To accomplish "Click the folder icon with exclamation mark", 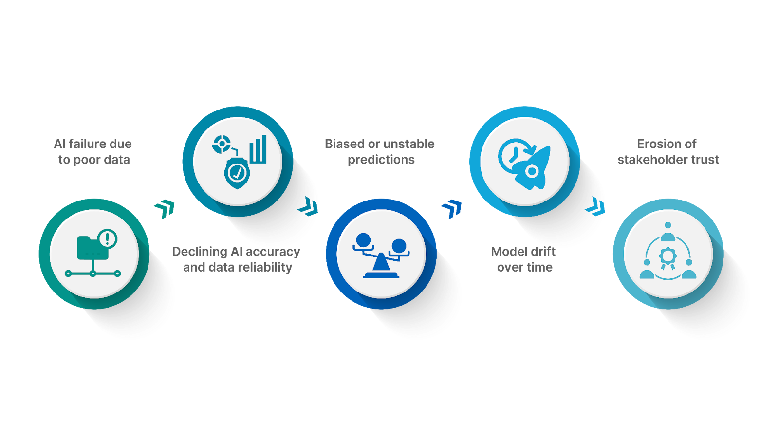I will [93, 248].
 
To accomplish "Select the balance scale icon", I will [381, 255].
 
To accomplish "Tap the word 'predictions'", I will [381, 160].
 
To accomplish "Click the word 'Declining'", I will [200, 252].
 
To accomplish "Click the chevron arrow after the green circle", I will [165, 209].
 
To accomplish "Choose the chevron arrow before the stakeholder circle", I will [596, 207].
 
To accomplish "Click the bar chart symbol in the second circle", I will [259, 149].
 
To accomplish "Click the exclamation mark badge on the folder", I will [107, 238].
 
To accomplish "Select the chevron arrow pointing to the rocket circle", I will [452, 209].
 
